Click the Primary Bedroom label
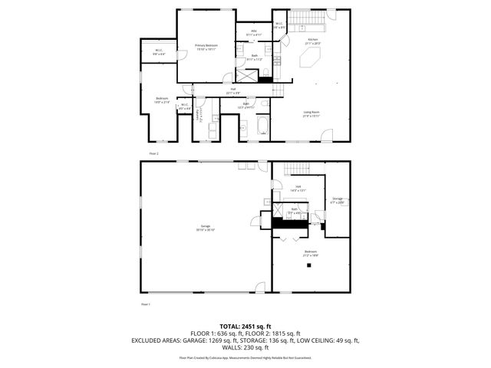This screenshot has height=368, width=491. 206,47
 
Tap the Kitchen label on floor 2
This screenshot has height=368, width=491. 312,40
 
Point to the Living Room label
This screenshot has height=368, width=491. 311,113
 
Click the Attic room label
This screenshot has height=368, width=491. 253,33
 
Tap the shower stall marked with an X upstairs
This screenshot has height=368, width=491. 246,74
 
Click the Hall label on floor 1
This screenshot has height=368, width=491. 297,187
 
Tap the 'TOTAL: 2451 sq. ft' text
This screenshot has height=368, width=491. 245,327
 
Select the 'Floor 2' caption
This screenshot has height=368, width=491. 153,154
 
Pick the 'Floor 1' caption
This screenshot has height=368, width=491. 145,304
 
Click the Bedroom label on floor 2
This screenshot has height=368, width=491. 163,99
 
